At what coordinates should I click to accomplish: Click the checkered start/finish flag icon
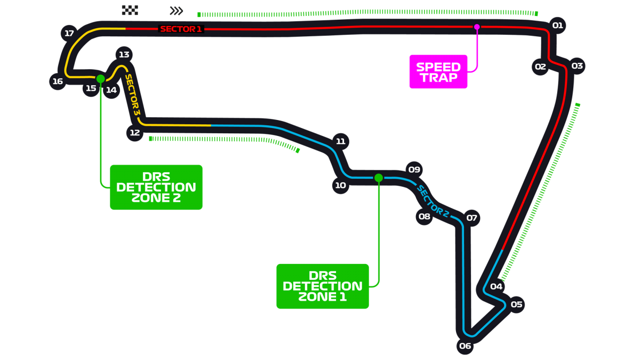130,10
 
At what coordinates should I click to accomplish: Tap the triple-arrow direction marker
176,11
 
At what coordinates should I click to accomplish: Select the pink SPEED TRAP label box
438,71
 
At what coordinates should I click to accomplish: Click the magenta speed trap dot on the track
477,27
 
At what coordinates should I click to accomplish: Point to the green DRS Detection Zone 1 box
322,286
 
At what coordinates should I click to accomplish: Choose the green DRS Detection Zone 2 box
156,187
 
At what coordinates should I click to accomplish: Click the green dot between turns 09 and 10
379,178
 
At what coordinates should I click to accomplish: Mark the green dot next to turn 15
101,79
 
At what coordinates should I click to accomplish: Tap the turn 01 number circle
557,25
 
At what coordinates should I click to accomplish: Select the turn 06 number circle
465,346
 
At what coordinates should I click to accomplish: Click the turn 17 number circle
69,33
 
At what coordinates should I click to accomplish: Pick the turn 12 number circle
134,132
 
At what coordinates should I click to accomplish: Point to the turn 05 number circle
516,305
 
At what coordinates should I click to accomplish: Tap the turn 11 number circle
340,141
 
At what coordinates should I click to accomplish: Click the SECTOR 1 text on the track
181,29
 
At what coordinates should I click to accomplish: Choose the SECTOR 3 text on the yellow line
132,94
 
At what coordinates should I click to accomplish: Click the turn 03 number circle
577,66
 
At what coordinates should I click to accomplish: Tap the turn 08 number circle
424,217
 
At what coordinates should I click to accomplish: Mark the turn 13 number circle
124,54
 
